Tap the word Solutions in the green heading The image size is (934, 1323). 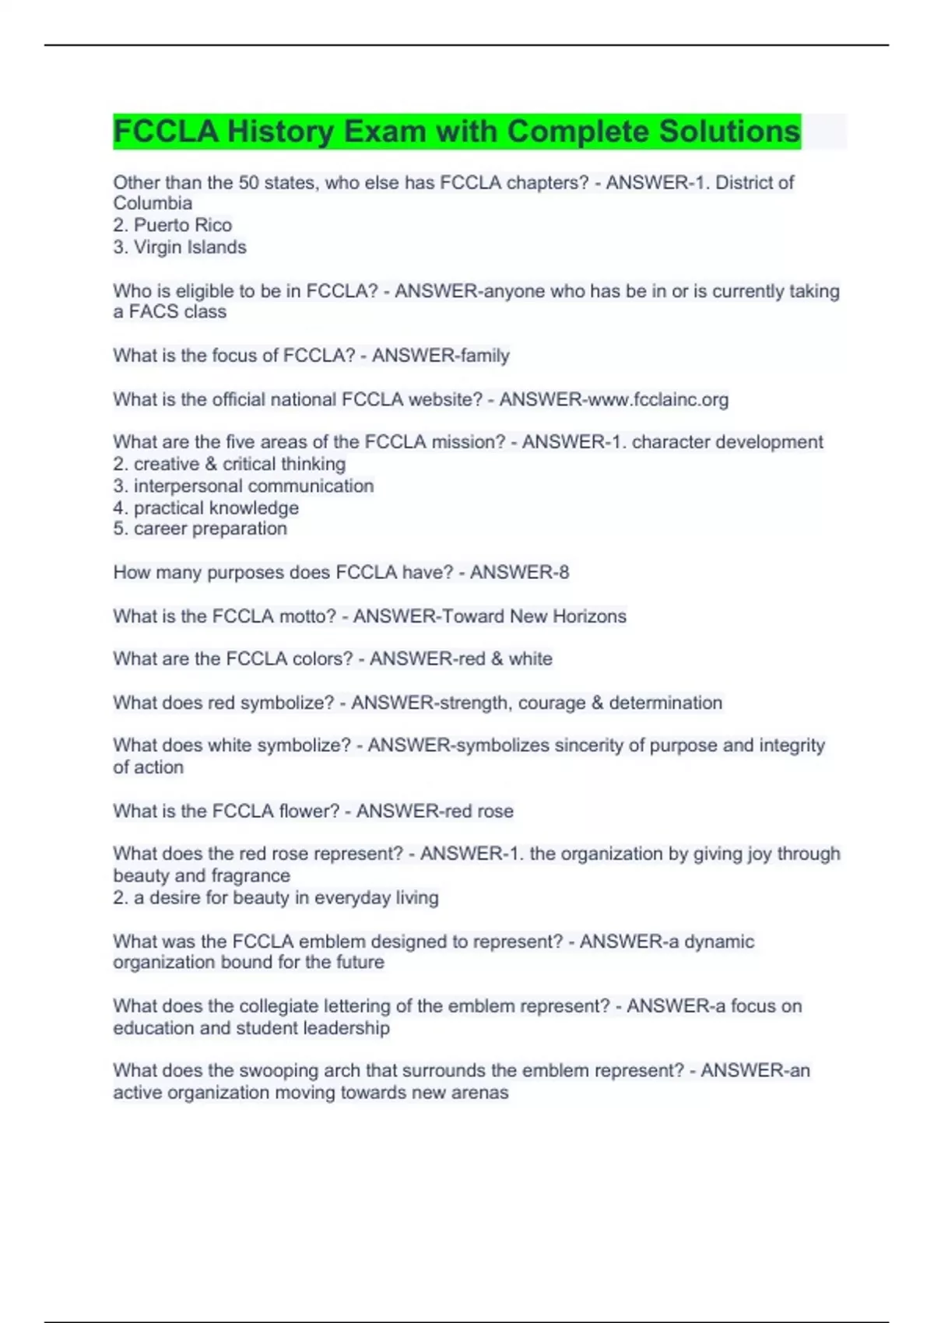click(x=729, y=132)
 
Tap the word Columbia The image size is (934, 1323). click(x=153, y=204)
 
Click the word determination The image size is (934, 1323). click(x=665, y=704)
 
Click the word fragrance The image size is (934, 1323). click(x=254, y=876)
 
